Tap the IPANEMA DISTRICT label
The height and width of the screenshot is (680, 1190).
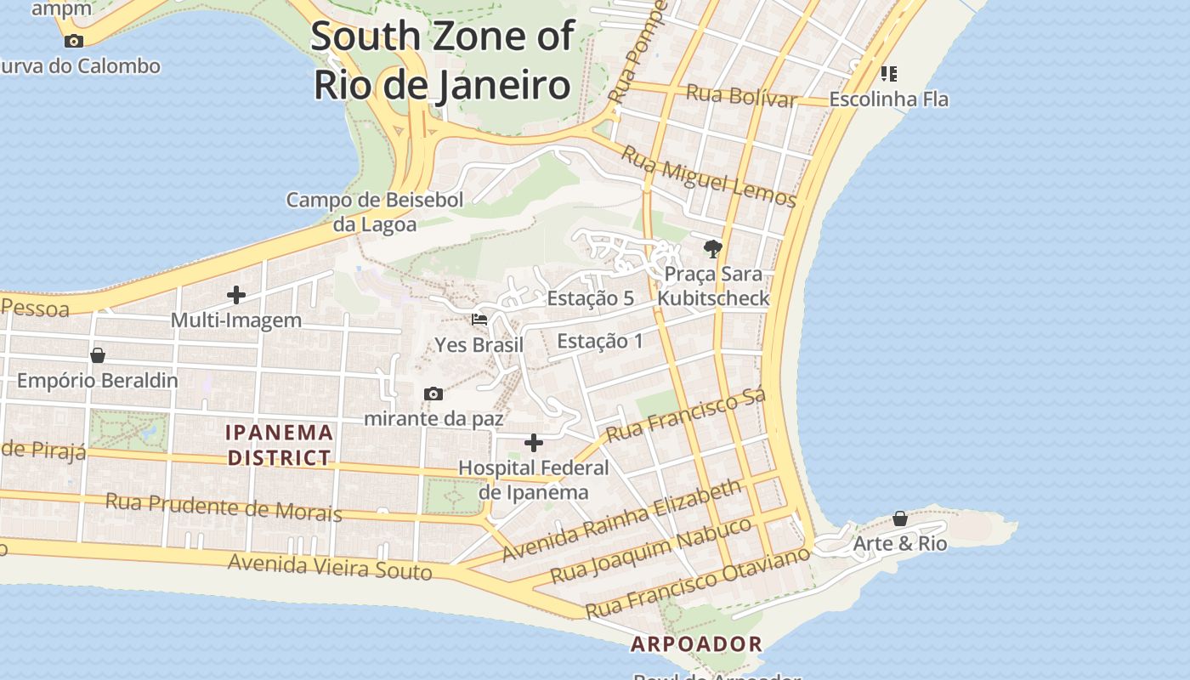[x=279, y=445]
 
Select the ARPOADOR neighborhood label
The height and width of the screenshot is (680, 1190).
[x=696, y=643]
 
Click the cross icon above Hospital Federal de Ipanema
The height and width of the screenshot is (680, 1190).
[x=534, y=443]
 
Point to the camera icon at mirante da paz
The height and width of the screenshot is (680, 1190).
[x=433, y=394]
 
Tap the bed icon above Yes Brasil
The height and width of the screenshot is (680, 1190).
[x=479, y=320]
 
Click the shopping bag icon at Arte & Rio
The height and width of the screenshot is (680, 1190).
[x=900, y=518]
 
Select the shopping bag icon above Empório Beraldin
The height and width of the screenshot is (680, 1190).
[x=98, y=355]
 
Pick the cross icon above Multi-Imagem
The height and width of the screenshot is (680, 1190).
[x=236, y=295]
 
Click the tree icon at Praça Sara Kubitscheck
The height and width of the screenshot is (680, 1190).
[x=712, y=249]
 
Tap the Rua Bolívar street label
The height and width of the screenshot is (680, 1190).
[x=741, y=95]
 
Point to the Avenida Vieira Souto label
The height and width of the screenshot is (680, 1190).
[x=330, y=566]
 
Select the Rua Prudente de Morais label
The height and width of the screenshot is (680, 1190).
[x=224, y=507]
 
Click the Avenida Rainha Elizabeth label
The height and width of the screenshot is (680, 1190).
[x=621, y=520]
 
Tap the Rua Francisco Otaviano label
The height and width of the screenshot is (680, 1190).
[x=698, y=583]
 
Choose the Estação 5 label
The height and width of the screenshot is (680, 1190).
[x=591, y=298]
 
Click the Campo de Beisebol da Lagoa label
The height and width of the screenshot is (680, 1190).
[x=375, y=212]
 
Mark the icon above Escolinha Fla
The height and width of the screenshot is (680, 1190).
[x=889, y=74]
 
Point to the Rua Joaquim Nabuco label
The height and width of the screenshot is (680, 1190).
[x=651, y=550]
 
